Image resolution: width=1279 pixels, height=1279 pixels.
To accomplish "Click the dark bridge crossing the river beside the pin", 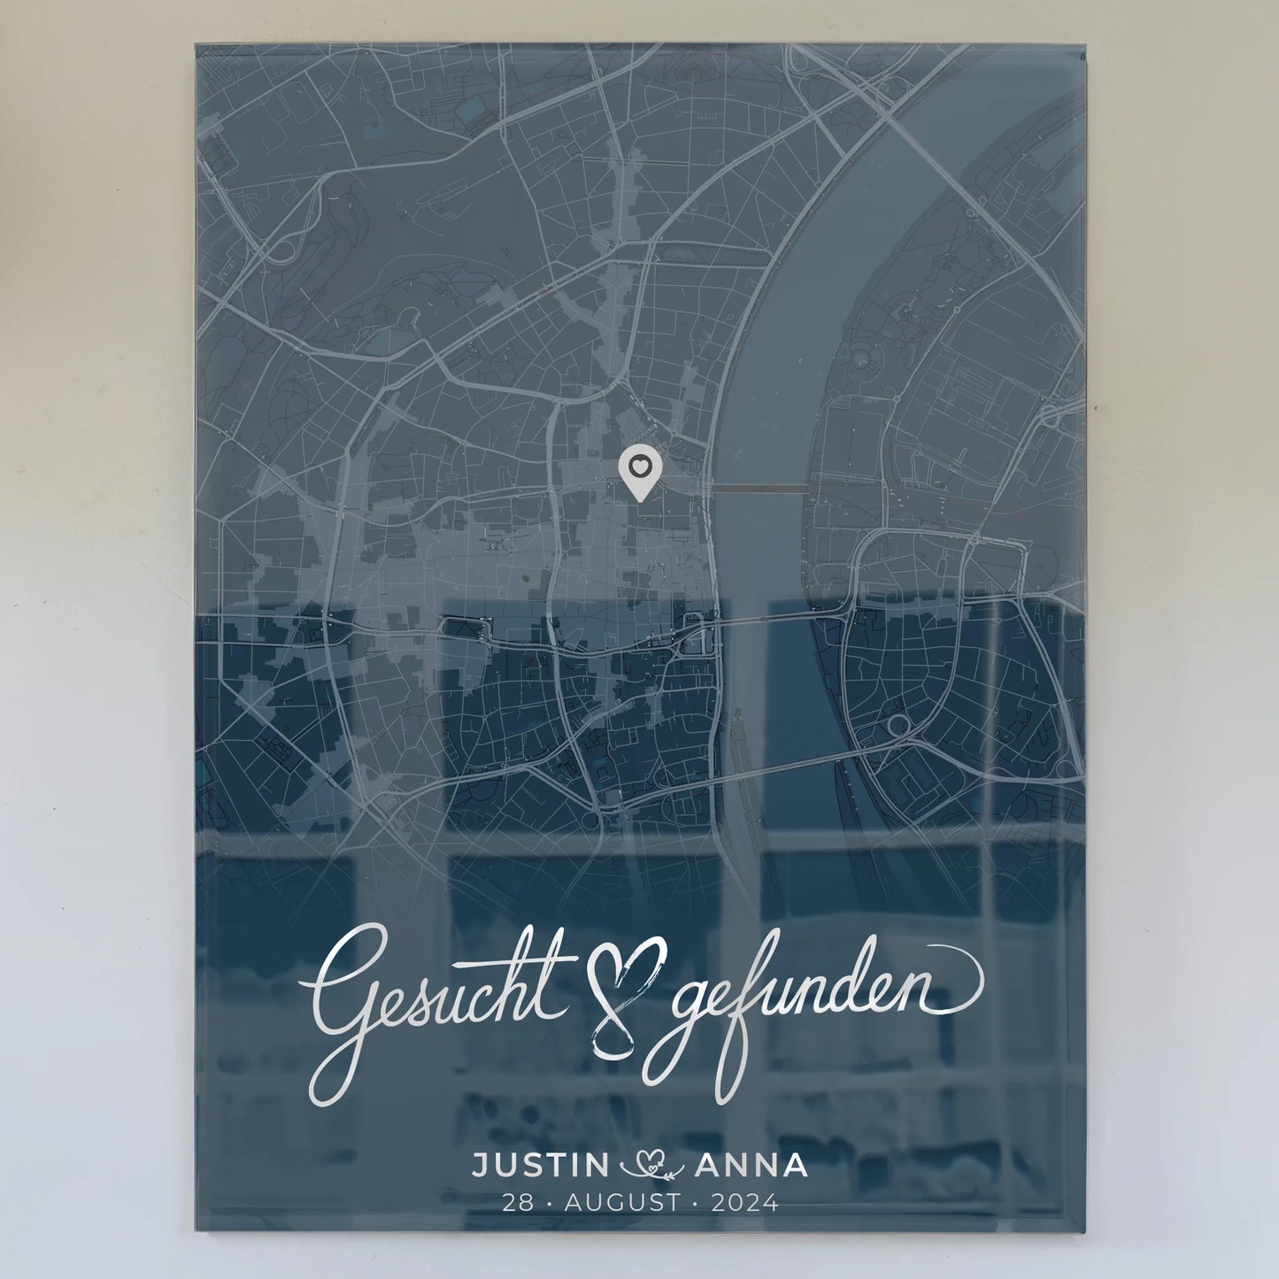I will point(760,488).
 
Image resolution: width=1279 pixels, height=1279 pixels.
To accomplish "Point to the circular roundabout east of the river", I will point(898,726).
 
